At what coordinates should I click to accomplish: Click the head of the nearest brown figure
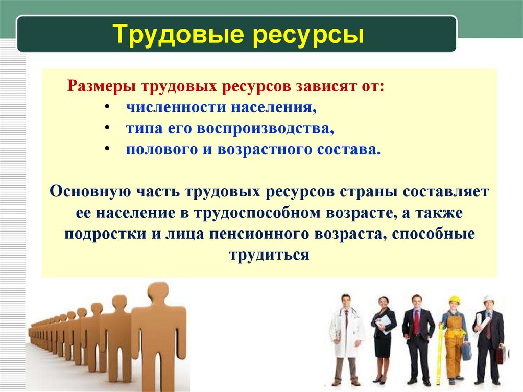click(x=158, y=293)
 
